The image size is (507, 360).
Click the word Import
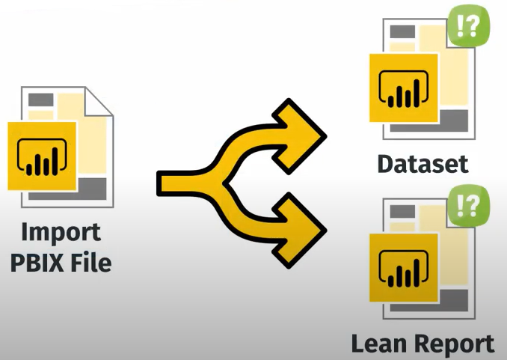pyautogui.click(x=61, y=232)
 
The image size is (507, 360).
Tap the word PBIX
pyautogui.click(x=42, y=263)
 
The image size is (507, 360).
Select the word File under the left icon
pyautogui.click(x=94, y=263)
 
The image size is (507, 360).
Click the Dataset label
pyautogui.click(x=423, y=164)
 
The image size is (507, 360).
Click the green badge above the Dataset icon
pyautogui.click(x=472, y=27)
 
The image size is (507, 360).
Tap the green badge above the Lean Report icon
pyautogui.click(x=472, y=203)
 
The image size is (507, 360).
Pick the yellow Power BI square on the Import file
pyautogui.click(x=43, y=156)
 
